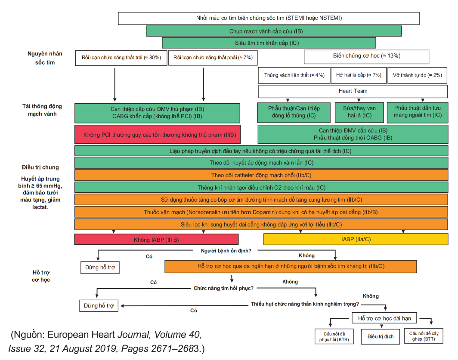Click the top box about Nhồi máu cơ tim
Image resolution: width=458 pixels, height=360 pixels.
[x=269, y=18]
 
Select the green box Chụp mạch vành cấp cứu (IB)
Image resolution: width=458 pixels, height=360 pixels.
[x=274, y=31]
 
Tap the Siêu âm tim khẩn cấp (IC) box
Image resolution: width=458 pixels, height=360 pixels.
[x=269, y=43]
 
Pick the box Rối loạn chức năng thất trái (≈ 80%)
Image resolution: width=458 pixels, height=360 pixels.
[x=121, y=58]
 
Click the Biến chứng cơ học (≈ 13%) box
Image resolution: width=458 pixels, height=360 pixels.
[x=366, y=56]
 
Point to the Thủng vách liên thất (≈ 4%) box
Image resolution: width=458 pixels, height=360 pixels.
[x=294, y=75]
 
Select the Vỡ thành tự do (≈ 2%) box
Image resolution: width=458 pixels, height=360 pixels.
[x=417, y=75]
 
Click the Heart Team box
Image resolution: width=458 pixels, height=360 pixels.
[x=353, y=91]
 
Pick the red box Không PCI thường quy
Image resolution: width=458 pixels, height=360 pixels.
[x=157, y=134]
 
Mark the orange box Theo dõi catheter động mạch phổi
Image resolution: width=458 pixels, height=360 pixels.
[x=261, y=175]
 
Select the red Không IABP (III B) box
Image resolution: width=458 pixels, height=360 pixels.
[x=156, y=239]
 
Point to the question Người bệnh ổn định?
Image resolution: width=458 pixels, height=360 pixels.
[x=226, y=250]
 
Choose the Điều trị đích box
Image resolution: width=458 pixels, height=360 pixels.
[x=380, y=336]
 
